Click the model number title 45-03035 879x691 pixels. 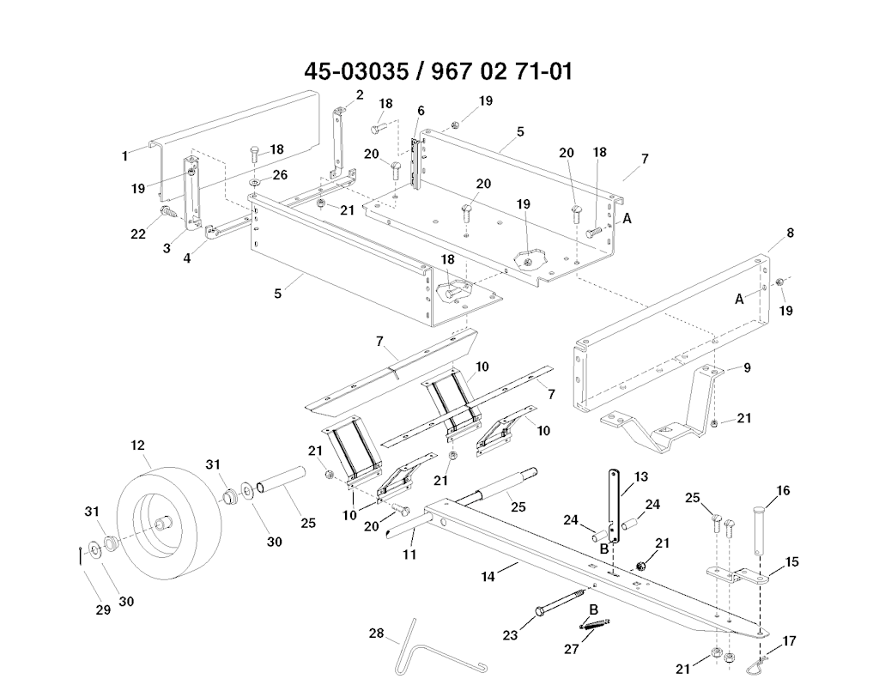pos(356,72)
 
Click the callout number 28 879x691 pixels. pos(376,633)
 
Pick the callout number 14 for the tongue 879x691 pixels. pos(488,576)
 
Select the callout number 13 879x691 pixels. pos(640,476)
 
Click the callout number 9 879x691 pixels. pos(747,367)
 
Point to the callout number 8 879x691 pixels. pos(791,233)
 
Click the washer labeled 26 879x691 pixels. pos(255,183)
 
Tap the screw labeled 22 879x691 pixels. pos(167,212)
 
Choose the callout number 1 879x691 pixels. pos(124,156)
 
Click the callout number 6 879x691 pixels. pos(421,111)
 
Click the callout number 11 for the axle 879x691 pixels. pos(409,555)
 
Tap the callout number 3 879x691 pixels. pos(167,248)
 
